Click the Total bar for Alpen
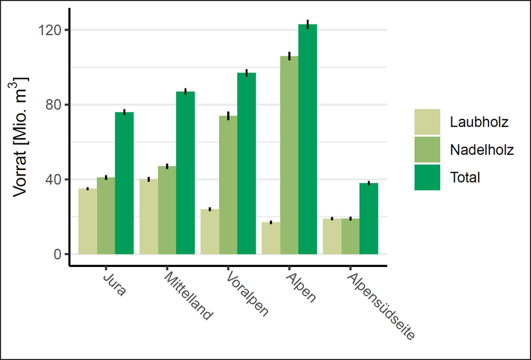[x=308, y=139]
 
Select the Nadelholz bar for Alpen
[x=289, y=155]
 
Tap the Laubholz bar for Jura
[x=88, y=221]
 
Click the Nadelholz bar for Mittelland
[x=167, y=210]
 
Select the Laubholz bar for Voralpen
[x=210, y=232]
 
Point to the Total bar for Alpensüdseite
[x=369, y=219]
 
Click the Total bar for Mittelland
[x=185, y=173]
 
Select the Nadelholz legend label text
[x=481, y=149]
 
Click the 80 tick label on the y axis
[x=53, y=105]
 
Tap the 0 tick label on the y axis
[x=57, y=254]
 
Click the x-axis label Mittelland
[x=189, y=296]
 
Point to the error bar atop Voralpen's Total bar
[x=246, y=72]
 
